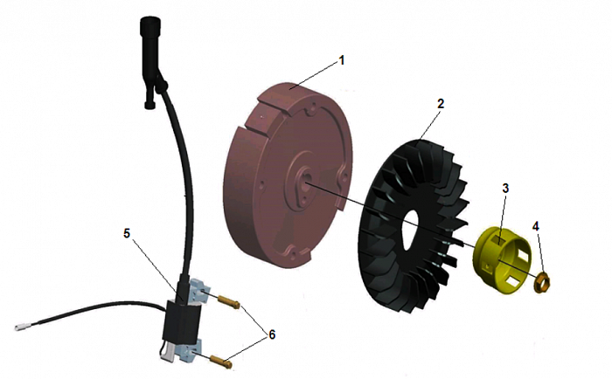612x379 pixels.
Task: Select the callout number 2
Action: [441, 103]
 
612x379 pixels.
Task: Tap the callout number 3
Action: [505, 189]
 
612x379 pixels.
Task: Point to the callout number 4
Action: [536, 225]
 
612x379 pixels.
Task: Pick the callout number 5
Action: [128, 233]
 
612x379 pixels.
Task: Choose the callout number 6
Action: [271, 334]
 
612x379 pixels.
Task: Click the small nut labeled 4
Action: [542, 280]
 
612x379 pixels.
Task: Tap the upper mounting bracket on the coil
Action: [198, 292]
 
